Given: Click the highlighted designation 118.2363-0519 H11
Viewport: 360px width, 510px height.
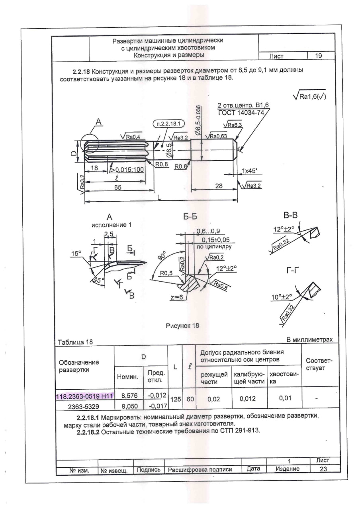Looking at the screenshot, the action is click(85, 396).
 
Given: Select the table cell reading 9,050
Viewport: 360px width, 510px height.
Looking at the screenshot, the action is click(129, 406).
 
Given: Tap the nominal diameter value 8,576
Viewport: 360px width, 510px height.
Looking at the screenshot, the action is click(129, 396).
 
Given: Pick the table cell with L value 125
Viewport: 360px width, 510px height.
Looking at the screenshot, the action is click(176, 399).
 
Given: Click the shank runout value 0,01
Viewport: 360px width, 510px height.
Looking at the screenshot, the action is click(285, 398).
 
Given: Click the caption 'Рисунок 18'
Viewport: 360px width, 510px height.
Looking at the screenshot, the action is click(182, 326).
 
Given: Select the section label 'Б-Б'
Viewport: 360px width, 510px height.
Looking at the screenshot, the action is click(190, 216).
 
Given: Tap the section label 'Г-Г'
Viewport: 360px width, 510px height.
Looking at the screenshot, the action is click(292, 271).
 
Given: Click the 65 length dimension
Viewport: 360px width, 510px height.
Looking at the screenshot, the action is click(117, 187).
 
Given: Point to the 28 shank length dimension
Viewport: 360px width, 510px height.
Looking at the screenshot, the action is click(219, 186).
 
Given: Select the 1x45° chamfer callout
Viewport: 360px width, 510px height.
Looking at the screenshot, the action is click(249, 171).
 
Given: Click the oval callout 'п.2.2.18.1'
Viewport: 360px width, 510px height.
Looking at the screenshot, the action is click(168, 124).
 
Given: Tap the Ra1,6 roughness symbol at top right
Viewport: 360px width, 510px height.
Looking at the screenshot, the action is click(310, 96).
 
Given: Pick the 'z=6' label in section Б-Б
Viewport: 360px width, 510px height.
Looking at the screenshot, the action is click(177, 297).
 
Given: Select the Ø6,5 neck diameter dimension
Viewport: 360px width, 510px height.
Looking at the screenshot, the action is click(169, 150).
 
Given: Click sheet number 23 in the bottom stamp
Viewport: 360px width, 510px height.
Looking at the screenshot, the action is click(323, 469).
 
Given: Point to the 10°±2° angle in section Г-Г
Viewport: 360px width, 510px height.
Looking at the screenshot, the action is click(282, 297).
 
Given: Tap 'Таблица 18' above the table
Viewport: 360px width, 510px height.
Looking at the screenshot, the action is click(75, 342).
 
